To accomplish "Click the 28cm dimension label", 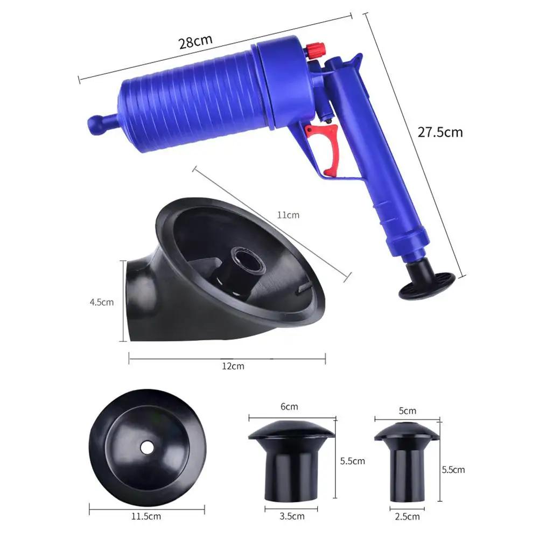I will pos(196,41).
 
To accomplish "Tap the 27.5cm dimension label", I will pos(440,132).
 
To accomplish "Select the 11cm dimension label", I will pos(288,215).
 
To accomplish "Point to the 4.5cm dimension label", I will pos(102,302).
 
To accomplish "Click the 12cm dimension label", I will pos(234,366).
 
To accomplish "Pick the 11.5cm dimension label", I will pos(146,517).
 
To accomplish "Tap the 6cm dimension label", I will pos(289,407).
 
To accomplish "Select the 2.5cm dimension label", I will pos(407,517).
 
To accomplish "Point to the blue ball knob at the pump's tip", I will pos(97,124).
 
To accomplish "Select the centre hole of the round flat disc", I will pos(146,446).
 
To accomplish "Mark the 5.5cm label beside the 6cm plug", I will pos(353,461).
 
